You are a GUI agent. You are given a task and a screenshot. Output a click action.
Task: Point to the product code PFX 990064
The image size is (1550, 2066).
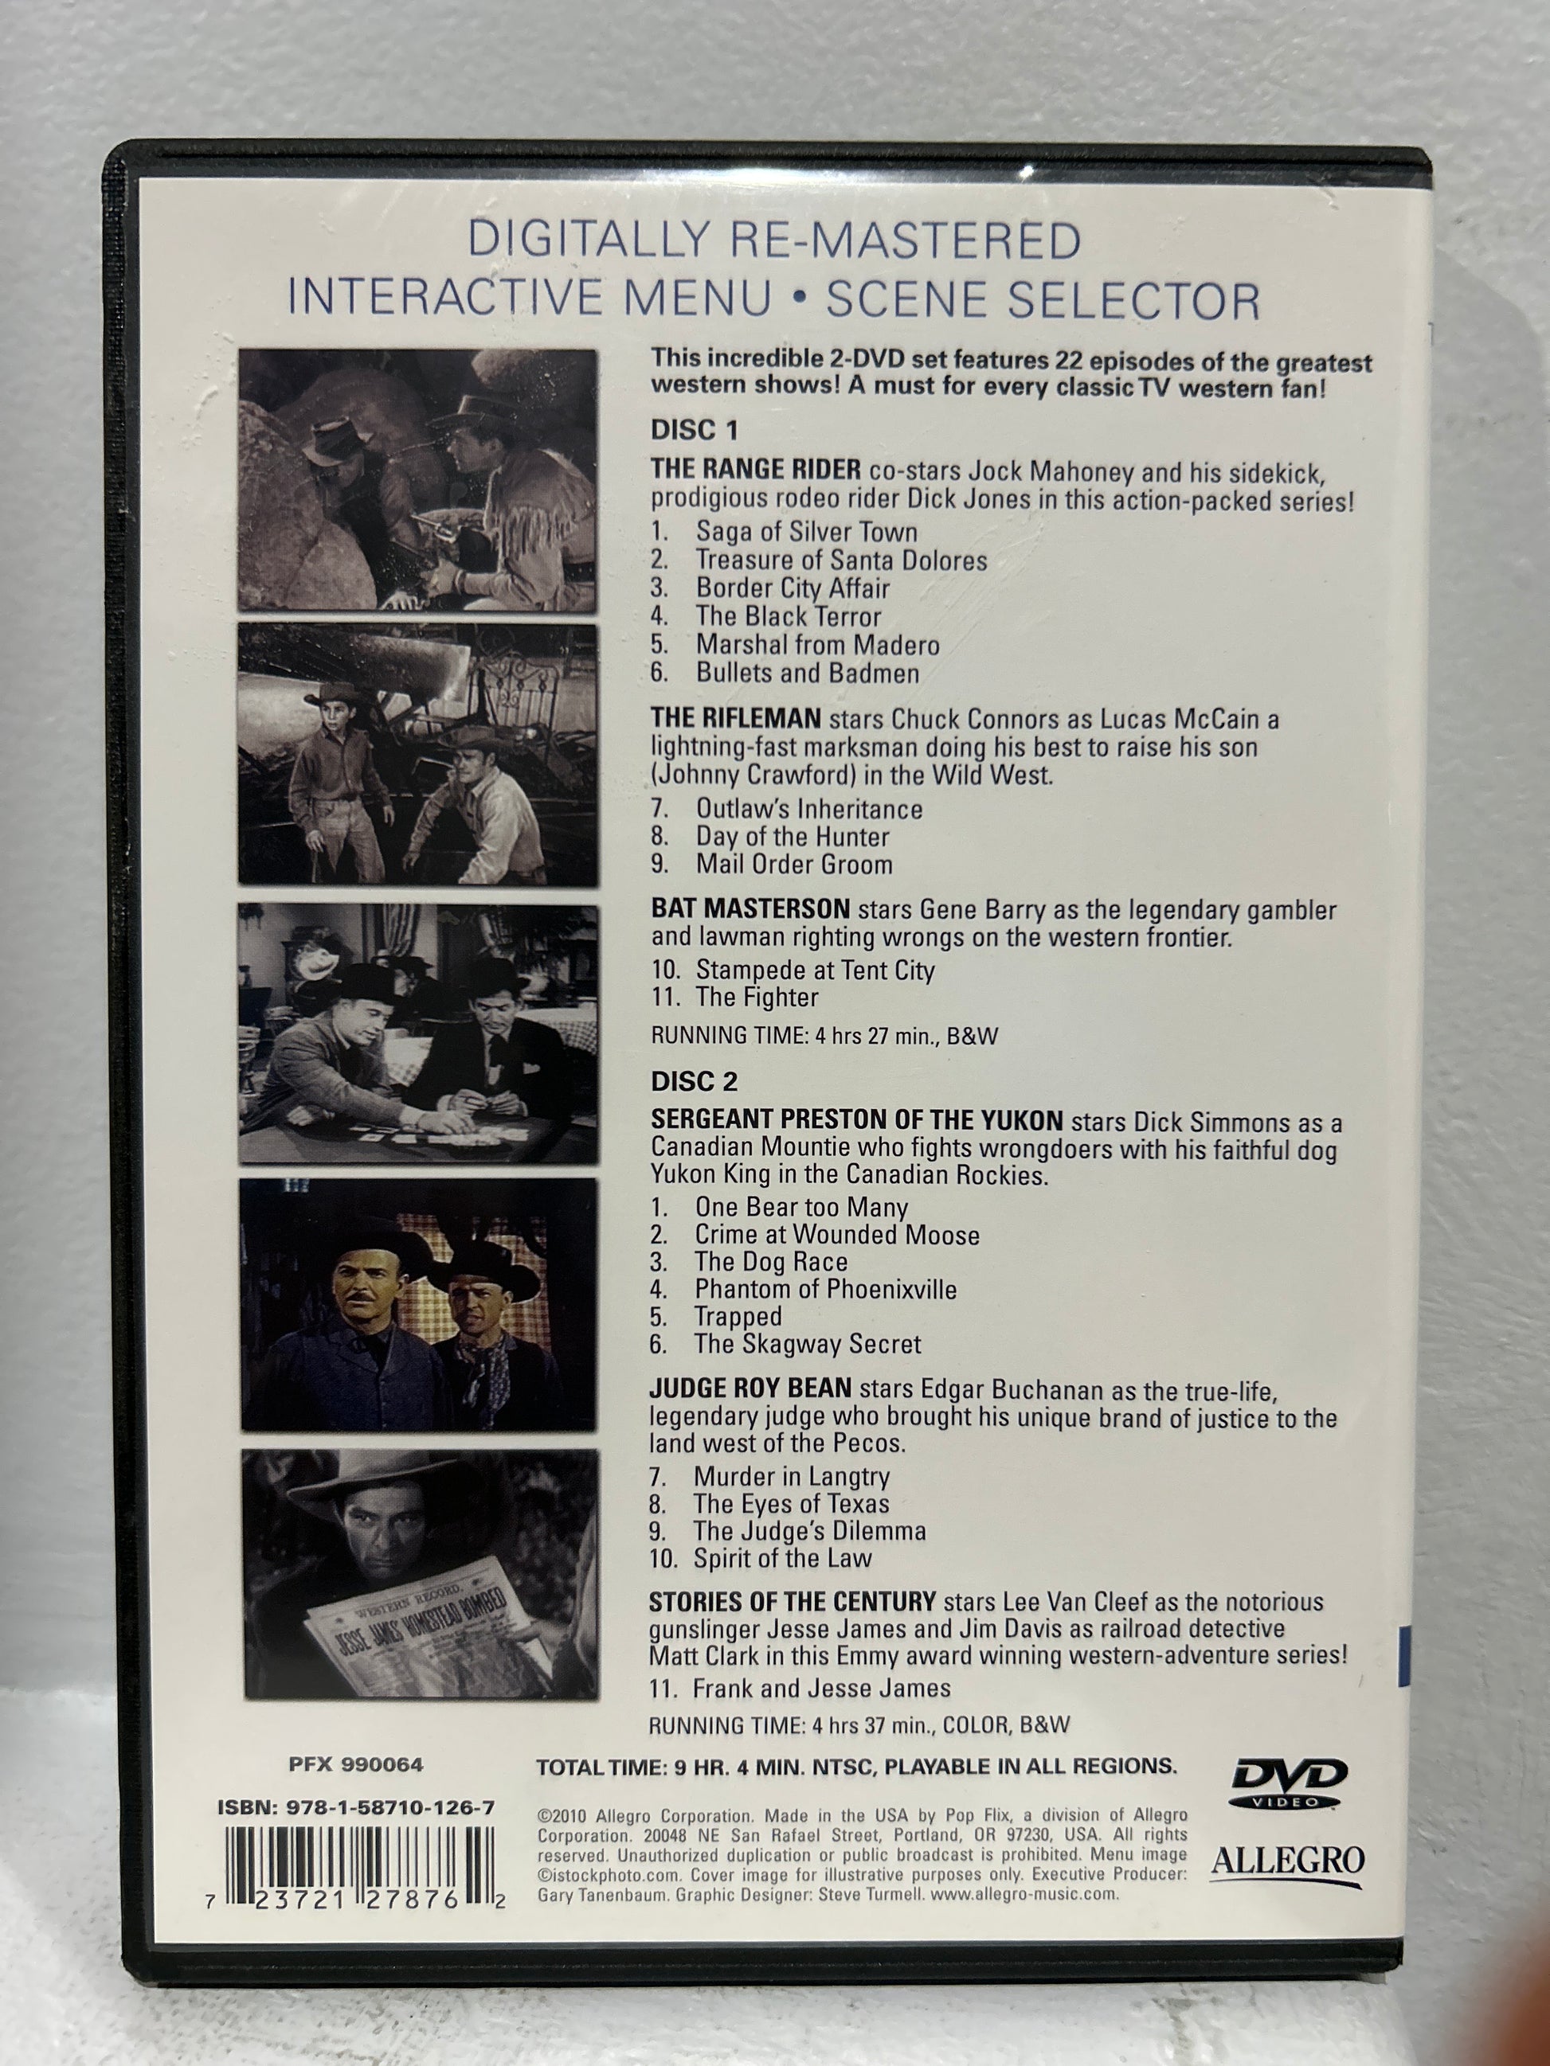356,1764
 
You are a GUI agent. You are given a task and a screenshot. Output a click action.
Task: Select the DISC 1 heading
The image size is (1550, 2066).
695,430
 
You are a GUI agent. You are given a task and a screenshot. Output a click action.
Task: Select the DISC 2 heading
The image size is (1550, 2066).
695,1080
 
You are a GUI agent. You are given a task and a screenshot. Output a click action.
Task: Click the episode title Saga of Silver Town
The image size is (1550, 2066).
806,532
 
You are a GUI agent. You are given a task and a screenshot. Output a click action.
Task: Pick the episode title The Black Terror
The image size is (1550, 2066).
788,616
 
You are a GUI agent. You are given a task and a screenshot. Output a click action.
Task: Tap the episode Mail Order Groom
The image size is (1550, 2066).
794,864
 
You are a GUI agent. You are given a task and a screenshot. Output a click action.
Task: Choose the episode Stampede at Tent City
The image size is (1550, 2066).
815,970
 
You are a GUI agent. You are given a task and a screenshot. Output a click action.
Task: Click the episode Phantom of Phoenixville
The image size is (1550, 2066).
825,1289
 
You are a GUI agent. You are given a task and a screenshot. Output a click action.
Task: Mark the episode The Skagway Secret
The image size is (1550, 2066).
807,1343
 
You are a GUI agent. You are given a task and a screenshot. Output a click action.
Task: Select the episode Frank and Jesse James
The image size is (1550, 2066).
821,1688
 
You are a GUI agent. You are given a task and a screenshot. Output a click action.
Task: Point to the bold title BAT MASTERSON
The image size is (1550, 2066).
750,908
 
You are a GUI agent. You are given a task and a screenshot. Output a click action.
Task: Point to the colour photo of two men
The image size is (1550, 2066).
419,1305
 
